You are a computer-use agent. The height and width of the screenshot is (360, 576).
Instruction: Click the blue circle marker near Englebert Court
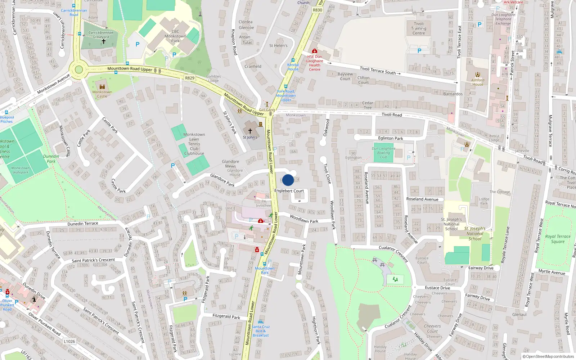[288, 180]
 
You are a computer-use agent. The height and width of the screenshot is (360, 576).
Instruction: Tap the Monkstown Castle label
[102, 94]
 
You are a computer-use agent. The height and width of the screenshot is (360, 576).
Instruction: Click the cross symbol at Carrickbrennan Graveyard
[103, 42]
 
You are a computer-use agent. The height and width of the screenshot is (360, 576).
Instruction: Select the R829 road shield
[190, 78]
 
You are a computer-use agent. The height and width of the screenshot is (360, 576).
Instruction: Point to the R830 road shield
[318, 10]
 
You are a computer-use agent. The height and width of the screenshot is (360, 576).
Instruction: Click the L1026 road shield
[69, 341]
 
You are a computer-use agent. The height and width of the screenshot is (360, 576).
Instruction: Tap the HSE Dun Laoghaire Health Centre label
[315, 63]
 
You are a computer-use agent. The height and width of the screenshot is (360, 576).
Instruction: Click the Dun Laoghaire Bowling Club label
[383, 153]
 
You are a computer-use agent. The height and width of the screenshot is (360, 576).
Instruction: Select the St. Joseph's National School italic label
[475, 233]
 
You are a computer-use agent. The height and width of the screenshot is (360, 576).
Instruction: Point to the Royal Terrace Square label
[558, 239]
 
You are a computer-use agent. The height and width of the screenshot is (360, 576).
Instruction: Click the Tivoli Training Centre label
[419, 28]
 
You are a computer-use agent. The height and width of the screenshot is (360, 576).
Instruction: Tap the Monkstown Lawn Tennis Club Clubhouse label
[194, 144]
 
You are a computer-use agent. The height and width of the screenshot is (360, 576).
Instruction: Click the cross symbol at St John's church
[250, 131]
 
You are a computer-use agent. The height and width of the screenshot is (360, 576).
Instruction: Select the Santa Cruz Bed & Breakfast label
[261, 331]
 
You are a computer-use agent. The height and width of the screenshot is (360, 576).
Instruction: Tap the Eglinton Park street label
[391, 138]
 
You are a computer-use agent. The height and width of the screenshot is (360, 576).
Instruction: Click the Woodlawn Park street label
[304, 219]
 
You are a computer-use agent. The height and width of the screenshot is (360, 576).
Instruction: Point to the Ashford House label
[478, 82]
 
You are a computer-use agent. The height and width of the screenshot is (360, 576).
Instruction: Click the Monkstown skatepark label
[21, 170]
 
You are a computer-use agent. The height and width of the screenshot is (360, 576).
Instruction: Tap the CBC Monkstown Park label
[175, 36]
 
